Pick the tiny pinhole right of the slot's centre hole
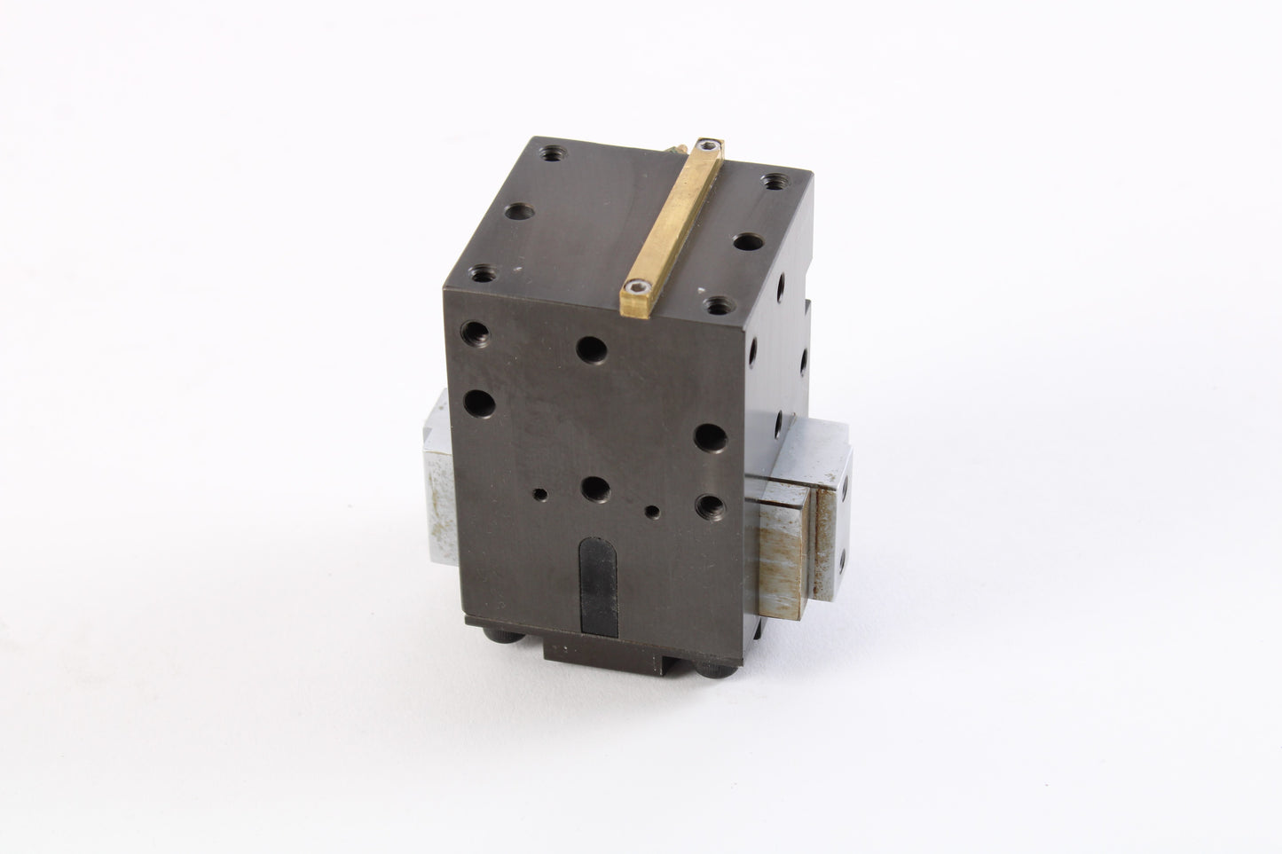tap(654, 511)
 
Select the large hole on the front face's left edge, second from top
tap(479, 404)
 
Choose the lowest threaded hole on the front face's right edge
tap(709, 507)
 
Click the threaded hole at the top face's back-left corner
tap(556, 154)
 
